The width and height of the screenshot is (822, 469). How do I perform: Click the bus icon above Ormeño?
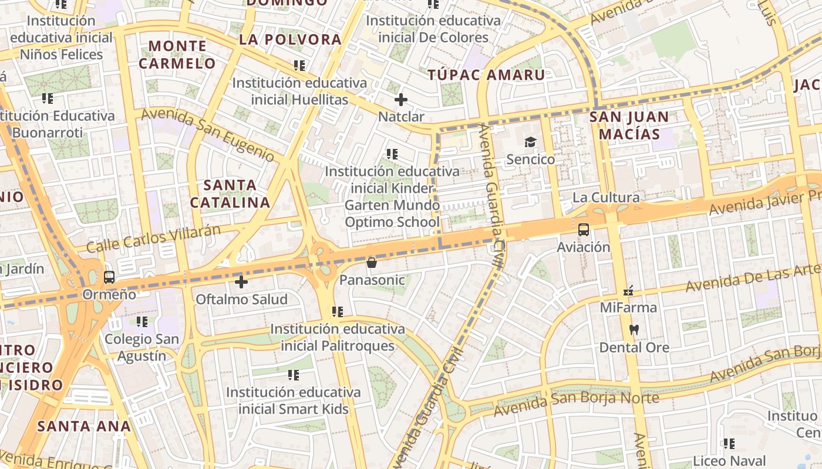[x=109, y=277]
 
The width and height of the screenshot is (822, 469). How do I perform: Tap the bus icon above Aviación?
[x=584, y=229]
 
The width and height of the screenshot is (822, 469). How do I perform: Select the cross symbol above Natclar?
[x=401, y=100]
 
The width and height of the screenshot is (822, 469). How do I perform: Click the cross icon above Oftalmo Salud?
[x=241, y=282]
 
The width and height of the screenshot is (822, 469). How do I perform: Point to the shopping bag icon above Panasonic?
[x=372, y=263]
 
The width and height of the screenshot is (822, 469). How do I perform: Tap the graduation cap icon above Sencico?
[x=531, y=142]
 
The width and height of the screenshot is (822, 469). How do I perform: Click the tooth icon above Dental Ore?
[x=634, y=329]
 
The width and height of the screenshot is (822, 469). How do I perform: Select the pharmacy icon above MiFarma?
[x=628, y=290]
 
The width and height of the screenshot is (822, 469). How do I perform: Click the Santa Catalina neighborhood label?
[x=230, y=194]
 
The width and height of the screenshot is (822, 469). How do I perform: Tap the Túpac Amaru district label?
[x=486, y=75]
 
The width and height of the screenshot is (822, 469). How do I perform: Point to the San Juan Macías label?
[x=629, y=125]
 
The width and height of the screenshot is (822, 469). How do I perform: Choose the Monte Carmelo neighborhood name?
[x=177, y=55]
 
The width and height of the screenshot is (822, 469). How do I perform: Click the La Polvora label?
[x=290, y=39]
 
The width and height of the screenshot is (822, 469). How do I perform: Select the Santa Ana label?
[x=84, y=426]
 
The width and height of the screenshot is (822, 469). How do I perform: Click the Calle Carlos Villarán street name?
[x=154, y=238]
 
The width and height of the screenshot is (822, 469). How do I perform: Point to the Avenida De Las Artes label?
[x=752, y=278]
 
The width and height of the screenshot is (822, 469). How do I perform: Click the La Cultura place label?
[x=606, y=197]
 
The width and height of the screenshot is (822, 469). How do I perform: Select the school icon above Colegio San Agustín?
[x=142, y=321]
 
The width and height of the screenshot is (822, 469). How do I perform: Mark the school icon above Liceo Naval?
[x=729, y=443]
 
